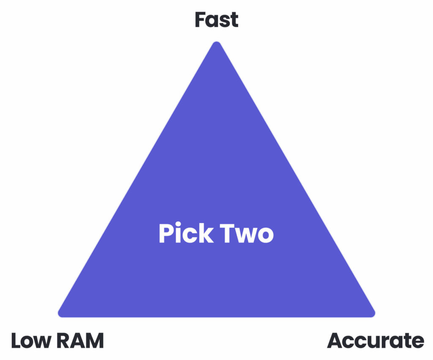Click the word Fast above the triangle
tap(216, 20)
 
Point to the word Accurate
tap(375, 341)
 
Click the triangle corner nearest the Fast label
tap(216, 44)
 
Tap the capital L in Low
tap(16, 341)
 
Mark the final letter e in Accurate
tap(418, 342)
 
